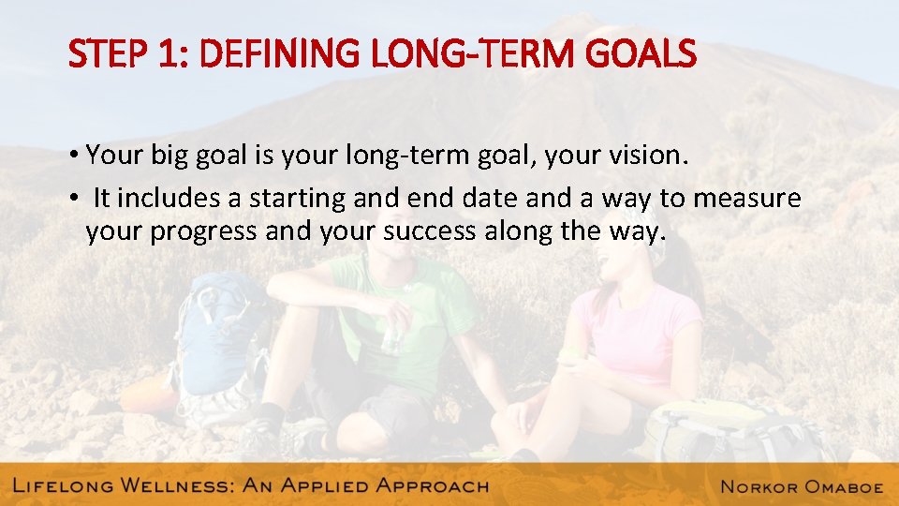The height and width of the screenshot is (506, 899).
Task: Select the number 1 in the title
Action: click(x=169, y=55)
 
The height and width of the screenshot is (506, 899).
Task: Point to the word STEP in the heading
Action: click(x=108, y=55)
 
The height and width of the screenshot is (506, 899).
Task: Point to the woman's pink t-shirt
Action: click(x=637, y=328)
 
